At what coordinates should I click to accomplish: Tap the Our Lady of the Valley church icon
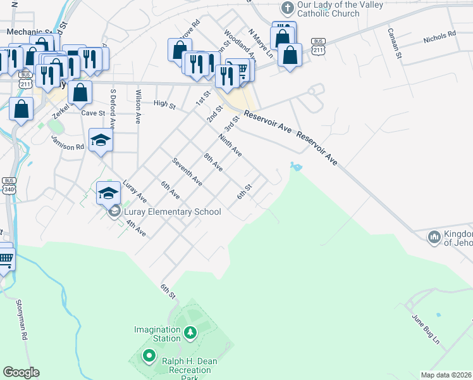click(x=287, y=8)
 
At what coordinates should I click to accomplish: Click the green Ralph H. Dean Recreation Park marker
click(x=149, y=356)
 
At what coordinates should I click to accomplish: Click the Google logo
click(x=21, y=372)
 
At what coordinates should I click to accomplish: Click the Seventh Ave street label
click(x=187, y=172)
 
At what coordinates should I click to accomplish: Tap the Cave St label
click(x=93, y=113)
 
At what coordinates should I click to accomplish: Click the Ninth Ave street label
click(x=230, y=145)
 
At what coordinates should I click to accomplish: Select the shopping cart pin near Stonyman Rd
click(x=5, y=258)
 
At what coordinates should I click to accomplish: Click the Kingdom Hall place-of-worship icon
click(x=434, y=237)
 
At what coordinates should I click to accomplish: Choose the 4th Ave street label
click(x=136, y=229)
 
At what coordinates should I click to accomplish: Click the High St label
click(x=164, y=103)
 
